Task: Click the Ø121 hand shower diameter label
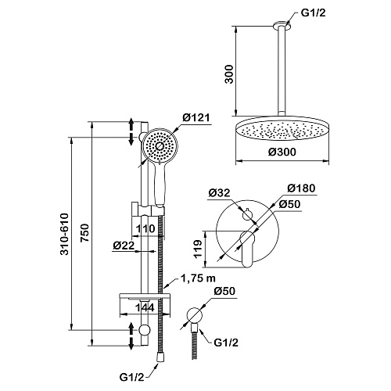[195, 118]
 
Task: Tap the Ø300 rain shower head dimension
[282, 152]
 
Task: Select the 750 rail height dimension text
[84, 233]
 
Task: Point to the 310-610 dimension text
[64, 234]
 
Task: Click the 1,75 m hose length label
[198, 278]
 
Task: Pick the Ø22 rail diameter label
[124, 246]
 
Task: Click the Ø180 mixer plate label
[301, 188]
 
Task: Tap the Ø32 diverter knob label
[220, 193]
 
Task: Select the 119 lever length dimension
[199, 249]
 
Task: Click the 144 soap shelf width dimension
[145, 307]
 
